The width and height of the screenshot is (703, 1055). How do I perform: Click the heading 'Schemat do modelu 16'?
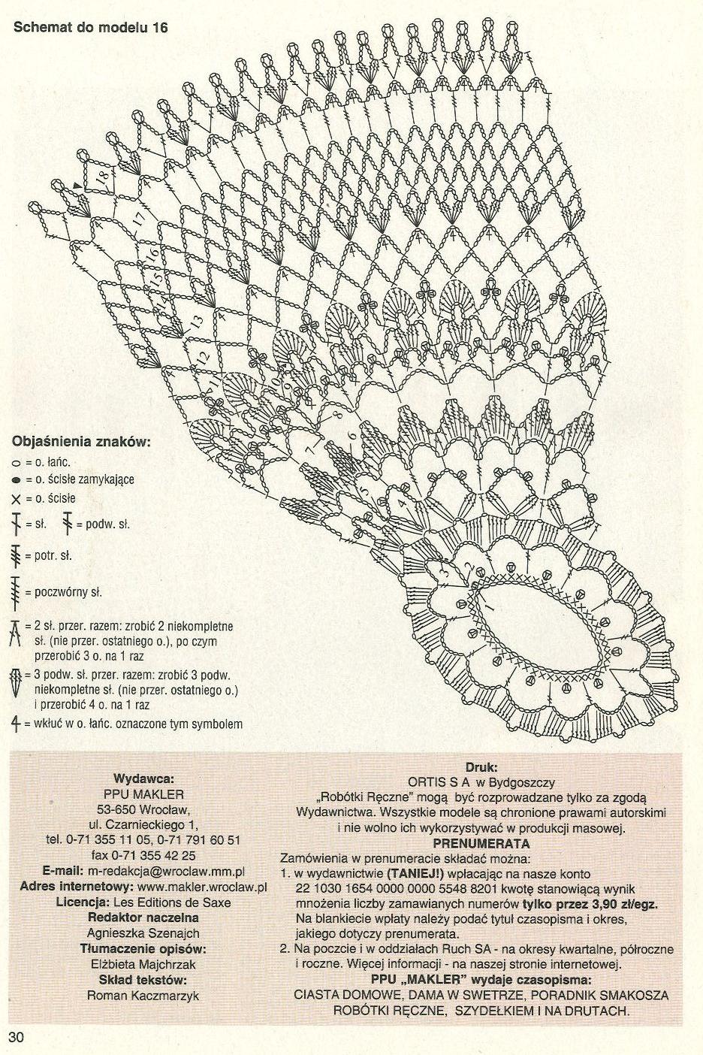[90, 28]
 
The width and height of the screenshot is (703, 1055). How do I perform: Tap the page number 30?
[16, 1038]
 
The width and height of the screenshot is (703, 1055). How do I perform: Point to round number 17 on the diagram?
[138, 219]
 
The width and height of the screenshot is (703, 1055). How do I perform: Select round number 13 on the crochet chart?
[196, 322]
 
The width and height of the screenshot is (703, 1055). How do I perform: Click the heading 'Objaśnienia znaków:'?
[81, 442]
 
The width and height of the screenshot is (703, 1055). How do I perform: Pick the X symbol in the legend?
[16, 499]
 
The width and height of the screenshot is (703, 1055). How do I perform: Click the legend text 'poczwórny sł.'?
[68, 592]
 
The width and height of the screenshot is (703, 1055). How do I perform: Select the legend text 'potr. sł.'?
[53, 556]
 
